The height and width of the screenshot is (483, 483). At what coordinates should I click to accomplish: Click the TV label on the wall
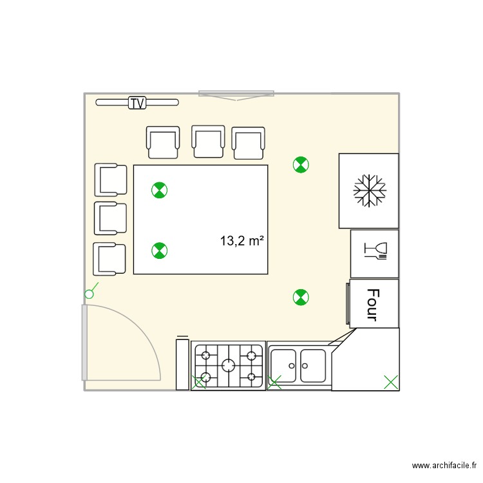tap(137, 102)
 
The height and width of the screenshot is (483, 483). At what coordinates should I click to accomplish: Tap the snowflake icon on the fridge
tap(369, 191)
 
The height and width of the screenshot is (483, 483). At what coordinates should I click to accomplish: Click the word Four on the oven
tap(372, 304)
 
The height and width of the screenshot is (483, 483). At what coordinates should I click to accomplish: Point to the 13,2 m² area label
tap(242, 241)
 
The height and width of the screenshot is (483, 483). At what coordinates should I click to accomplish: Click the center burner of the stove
tap(228, 365)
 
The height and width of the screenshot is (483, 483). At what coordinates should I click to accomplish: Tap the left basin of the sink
tap(285, 365)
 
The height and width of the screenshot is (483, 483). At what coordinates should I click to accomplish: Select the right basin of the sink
tap(313, 365)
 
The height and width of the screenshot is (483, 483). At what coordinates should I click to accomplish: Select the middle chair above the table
tap(208, 142)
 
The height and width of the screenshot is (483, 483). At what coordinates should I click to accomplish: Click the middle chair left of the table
tap(111, 218)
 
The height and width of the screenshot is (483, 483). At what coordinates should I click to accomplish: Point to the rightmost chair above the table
tap(249, 143)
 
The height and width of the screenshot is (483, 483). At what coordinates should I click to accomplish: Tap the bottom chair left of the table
tap(109, 258)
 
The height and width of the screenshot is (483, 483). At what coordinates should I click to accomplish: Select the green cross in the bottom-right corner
tap(390, 382)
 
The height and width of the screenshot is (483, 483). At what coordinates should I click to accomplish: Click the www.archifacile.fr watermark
tap(445, 465)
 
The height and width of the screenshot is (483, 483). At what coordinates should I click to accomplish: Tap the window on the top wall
tap(236, 94)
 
